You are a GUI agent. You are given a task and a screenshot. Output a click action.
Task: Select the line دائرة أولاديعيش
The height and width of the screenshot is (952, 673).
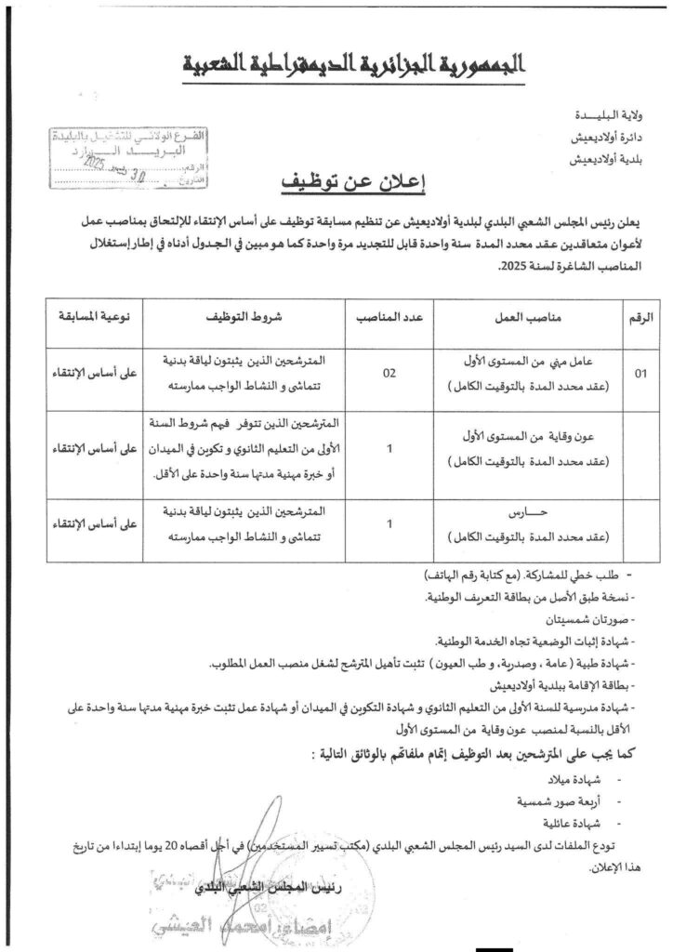pyautogui.click(x=605, y=138)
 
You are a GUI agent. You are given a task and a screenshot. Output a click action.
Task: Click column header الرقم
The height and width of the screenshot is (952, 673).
pyautogui.click(x=641, y=317)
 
